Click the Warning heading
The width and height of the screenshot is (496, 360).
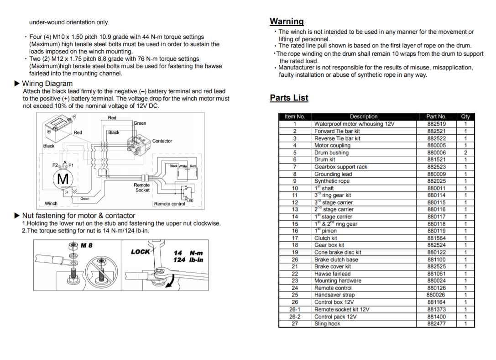tap(287, 21)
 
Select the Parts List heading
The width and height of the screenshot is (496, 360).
tap(289, 98)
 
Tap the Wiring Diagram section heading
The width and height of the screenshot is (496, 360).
tap(47, 84)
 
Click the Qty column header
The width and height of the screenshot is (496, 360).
tap(465, 116)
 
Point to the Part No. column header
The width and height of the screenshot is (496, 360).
tap(436, 116)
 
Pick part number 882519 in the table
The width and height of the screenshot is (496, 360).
tap(436, 124)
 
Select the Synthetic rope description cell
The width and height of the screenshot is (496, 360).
tap(332, 181)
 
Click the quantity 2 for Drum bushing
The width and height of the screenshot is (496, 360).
tap(465, 153)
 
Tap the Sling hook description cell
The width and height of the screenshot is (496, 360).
tap(327, 323)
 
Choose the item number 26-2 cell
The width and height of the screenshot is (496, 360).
tap(295, 317)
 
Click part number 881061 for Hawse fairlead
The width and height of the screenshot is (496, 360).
tap(436, 274)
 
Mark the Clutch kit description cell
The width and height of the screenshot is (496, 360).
tap(326, 238)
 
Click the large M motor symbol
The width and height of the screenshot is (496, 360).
tap(63, 179)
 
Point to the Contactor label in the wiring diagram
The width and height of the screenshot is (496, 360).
tap(162, 141)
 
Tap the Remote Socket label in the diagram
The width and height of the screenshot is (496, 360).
tap(142, 187)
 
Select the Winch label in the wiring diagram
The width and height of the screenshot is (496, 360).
tap(51, 203)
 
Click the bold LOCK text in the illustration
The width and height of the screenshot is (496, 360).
tap(140, 252)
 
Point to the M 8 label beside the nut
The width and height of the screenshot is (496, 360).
tap(86, 245)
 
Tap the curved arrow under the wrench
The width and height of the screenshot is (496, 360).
tap(170, 283)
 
